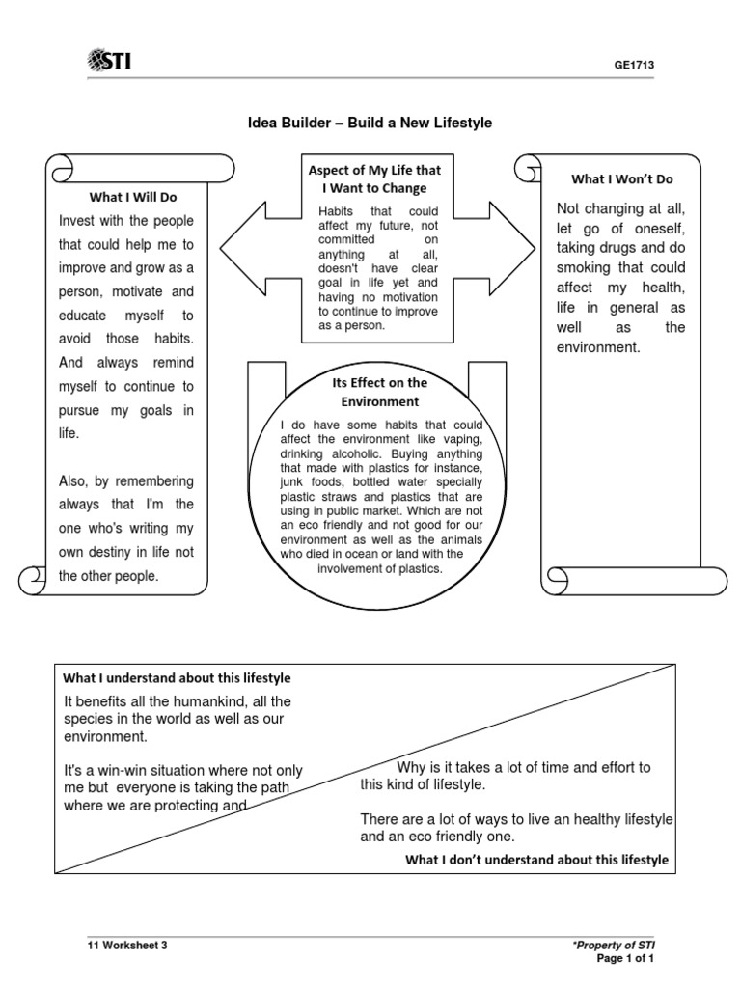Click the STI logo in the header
pyautogui.click(x=109, y=63)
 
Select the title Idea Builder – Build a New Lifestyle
pyautogui.click(x=370, y=123)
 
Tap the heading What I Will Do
pyautogui.click(x=133, y=197)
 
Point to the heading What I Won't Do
pyautogui.click(x=622, y=178)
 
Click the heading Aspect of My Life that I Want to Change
pyautogui.click(x=374, y=178)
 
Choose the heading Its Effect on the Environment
pyautogui.click(x=374, y=392)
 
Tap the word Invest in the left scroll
pyautogui.click(x=78, y=221)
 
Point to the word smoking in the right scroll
pyautogui.click(x=585, y=267)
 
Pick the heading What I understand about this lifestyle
pyautogui.click(x=177, y=678)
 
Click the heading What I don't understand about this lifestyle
pyautogui.click(x=536, y=859)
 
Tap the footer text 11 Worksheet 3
pyautogui.click(x=127, y=946)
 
